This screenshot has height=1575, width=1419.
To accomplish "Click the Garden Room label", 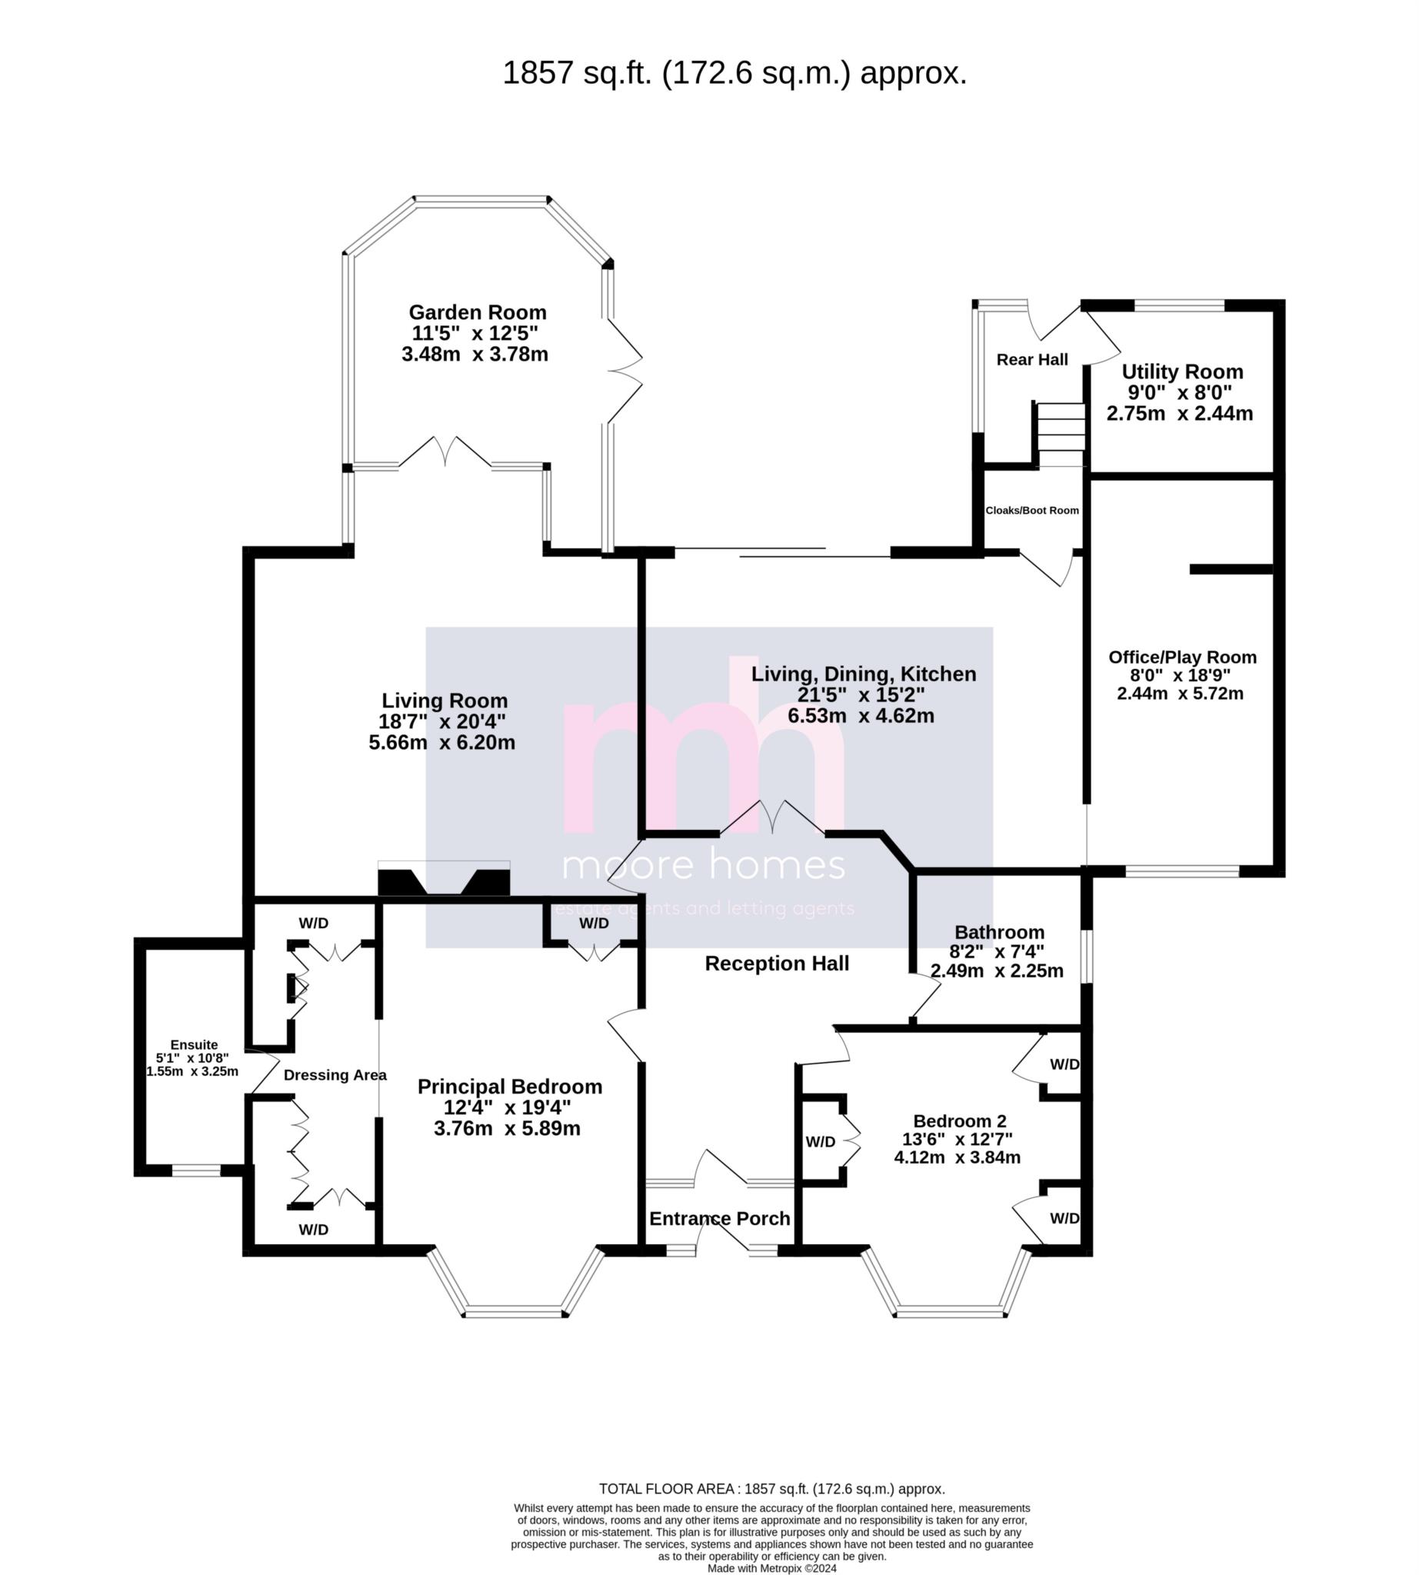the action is pos(477,313).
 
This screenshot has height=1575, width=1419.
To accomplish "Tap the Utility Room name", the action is pos(1182,372).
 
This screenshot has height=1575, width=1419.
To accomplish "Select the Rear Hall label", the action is pos(1032,359).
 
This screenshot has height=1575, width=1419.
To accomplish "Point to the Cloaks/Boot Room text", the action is pos(1032,511).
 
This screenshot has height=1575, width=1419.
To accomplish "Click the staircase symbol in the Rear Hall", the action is pos(1060,435).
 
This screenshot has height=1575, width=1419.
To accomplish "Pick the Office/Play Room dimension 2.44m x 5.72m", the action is pos(1180,694).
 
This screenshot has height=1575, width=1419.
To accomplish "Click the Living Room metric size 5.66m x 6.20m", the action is pos(442,742).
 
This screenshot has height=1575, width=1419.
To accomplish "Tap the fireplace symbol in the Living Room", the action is pos(444,879).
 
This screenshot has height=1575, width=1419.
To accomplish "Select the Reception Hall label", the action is pos(777,964).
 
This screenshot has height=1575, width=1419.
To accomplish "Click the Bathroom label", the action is pos(999,933).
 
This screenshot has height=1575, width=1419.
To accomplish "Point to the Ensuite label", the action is pos(194,1045).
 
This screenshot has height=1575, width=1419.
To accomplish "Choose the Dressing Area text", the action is pos(335,1075).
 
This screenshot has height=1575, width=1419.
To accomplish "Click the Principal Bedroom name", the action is pos(510,1087).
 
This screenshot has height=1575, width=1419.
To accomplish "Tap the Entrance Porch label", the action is pos(720,1219).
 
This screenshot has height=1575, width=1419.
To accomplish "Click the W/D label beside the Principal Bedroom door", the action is pos(594,923).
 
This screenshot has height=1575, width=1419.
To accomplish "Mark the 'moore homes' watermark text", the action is pos(704,865).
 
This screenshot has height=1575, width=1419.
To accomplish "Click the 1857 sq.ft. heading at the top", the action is pos(734,73).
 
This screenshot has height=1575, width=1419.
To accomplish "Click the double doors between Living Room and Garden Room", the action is pos(445,453).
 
